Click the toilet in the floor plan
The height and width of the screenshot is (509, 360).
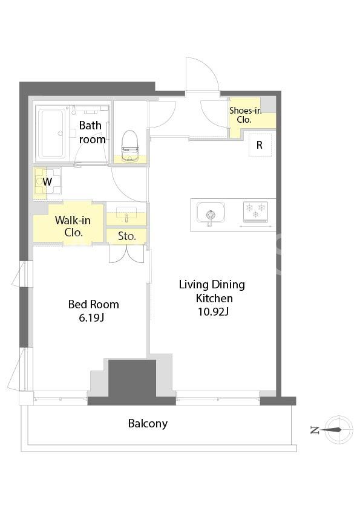(130, 146)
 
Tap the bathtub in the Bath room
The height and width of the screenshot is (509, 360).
(51, 134)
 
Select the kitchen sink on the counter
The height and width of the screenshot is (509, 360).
(211, 213)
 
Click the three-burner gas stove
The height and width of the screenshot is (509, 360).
(256, 212)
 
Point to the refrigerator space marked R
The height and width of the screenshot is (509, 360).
(260, 144)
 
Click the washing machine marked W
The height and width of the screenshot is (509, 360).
(47, 181)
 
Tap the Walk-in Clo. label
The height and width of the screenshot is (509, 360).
(73, 226)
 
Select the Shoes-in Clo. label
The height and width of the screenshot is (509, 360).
(245, 115)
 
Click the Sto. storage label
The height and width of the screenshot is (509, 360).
(126, 236)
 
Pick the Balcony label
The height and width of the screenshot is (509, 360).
(148, 423)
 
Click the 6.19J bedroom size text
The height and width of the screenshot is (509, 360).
(91, 318)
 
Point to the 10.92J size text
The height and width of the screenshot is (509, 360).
(214, 312)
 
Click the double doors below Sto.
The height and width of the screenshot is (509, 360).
(126, 254)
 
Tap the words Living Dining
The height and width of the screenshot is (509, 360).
(212, 285)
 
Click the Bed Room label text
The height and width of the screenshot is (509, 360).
(94, 304)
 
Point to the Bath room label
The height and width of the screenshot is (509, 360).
(91, 132)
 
